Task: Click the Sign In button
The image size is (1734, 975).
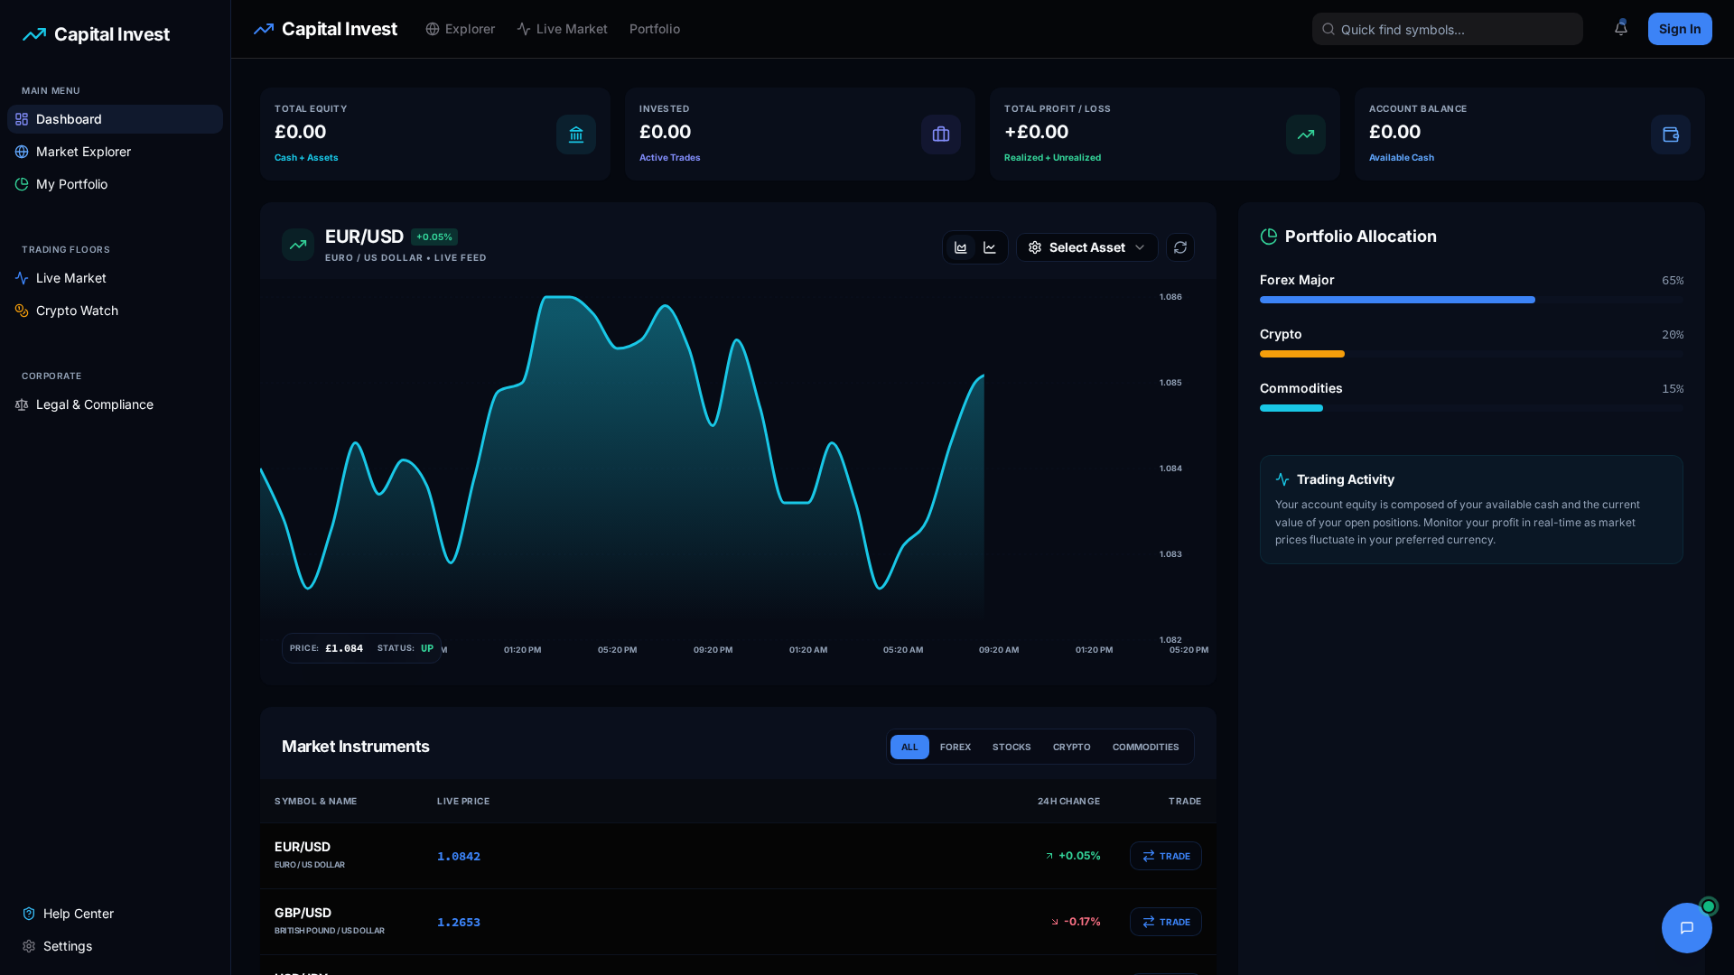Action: [1679, 29]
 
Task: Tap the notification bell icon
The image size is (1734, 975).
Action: [1621, 29]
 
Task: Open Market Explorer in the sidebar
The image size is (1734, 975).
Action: [83, 152]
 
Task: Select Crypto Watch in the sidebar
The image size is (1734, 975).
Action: [77, 311]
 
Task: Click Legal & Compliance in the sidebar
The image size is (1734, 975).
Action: [94, 404]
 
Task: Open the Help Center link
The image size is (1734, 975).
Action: [78, 914]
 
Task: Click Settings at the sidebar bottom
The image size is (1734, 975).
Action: [67, 946]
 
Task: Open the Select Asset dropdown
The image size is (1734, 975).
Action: [1086, 247]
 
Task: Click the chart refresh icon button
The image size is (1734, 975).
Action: [1180, 247]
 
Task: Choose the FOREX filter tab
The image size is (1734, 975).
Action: [955, 747]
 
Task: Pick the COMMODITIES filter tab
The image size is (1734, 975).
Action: [1145, 747]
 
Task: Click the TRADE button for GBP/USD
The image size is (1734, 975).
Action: [1165, 922]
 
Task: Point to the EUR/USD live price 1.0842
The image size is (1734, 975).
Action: [459, 856]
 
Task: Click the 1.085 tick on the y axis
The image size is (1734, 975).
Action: [1170, 383]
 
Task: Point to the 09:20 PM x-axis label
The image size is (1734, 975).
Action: [713, 650]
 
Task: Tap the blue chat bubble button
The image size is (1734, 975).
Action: [1686, 928]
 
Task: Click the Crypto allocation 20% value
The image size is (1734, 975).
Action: [1673, 335]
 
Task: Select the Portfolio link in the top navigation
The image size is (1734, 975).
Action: [654, 29]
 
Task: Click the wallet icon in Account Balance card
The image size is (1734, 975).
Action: [1670, 135]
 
